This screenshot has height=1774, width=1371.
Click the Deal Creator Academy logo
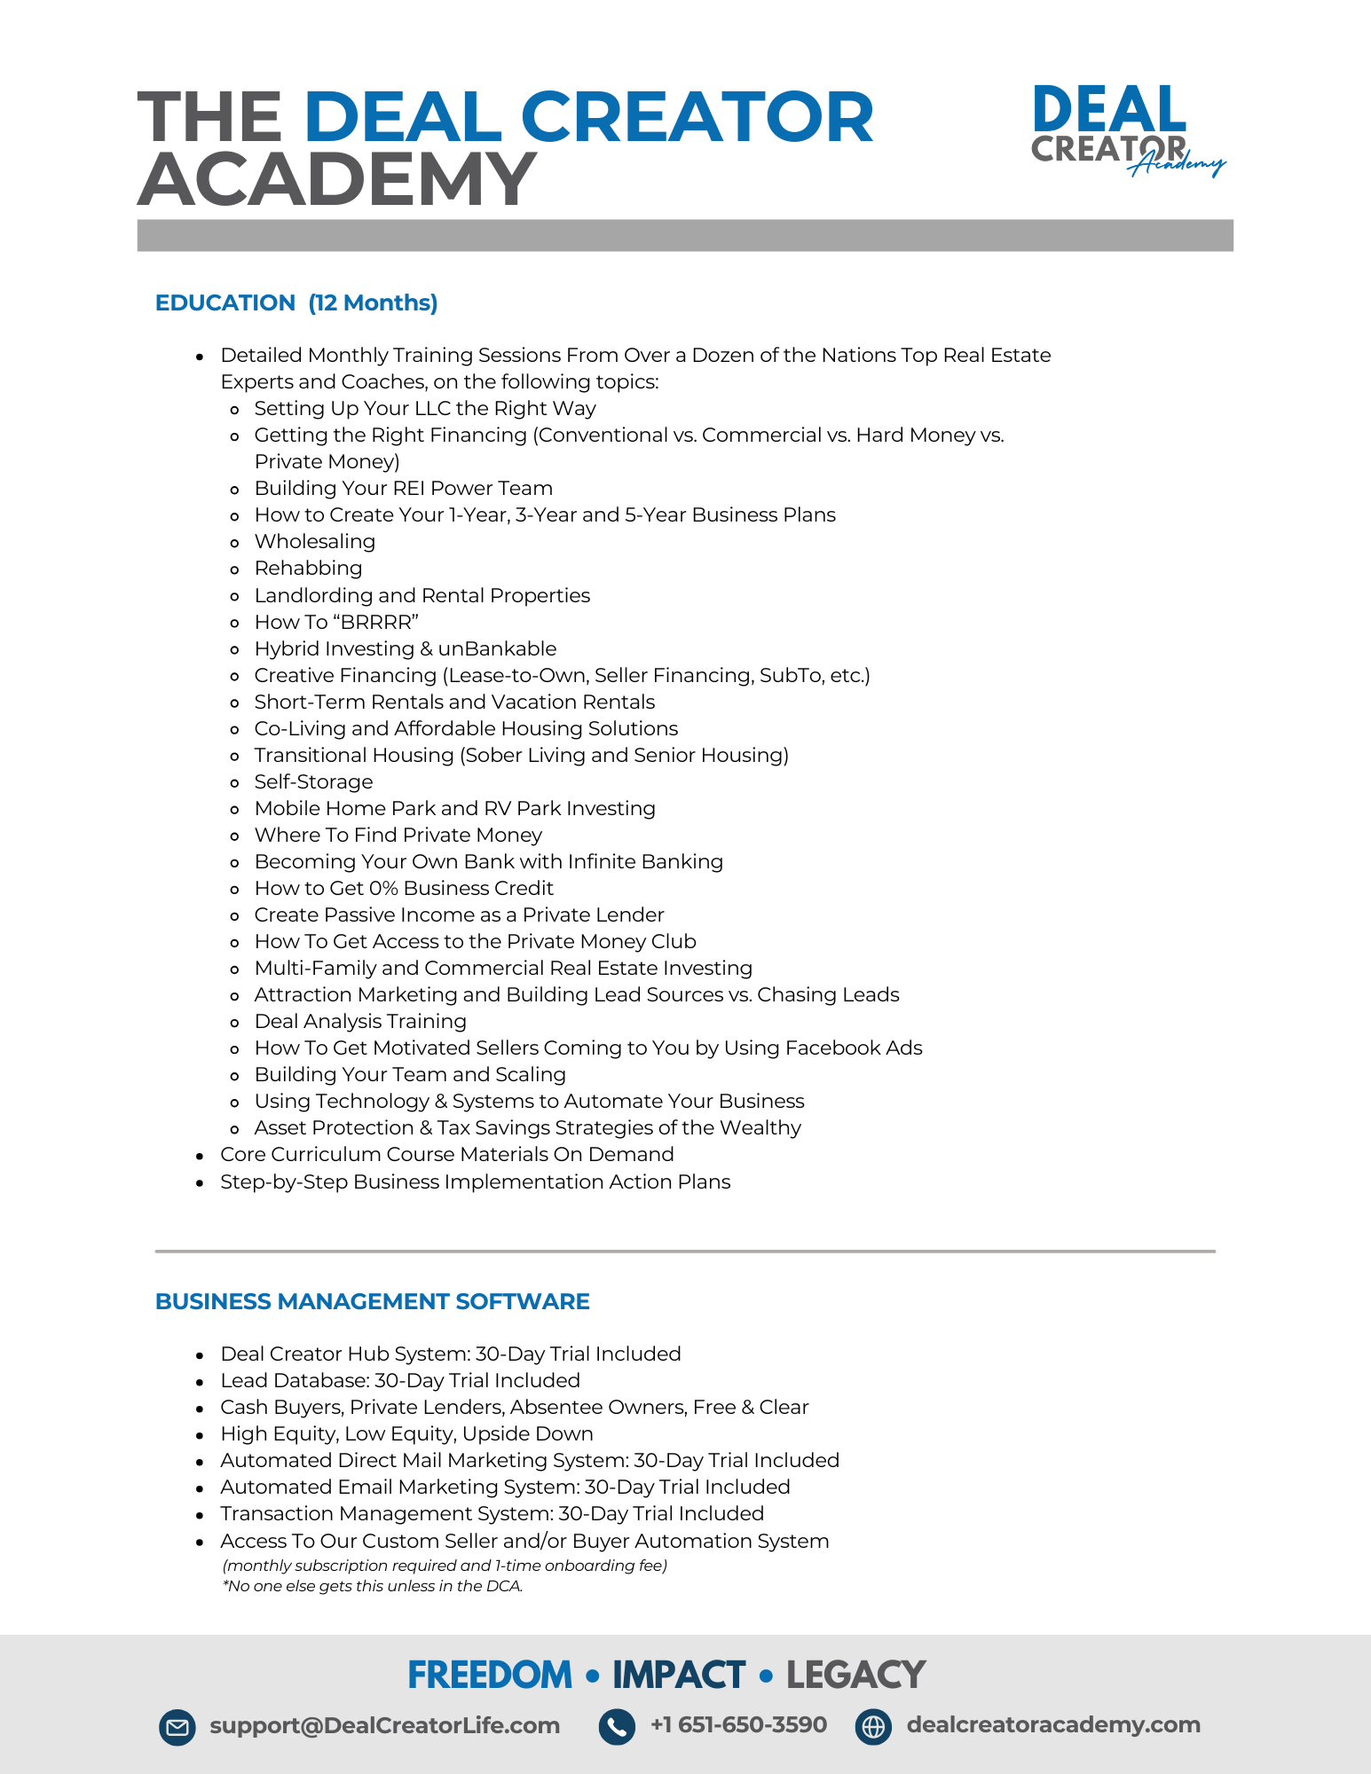coord(1125,130)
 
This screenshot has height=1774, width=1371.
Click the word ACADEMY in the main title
coord(337,179)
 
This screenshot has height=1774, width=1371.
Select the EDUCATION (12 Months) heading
coord(296,302)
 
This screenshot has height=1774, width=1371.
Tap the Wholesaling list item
coord(314,541)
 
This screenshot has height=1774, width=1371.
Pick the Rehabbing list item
coord(308,568)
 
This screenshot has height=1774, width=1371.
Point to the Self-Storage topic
coord(313,781)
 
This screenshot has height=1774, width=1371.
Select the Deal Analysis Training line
coord(360,1021)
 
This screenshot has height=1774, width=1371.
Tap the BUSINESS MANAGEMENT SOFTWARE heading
coord(372,1301)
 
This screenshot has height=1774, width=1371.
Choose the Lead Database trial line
coord(400,1380)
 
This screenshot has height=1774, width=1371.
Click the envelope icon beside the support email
coord(177,1727)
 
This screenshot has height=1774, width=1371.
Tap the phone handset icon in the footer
coord(617,1727)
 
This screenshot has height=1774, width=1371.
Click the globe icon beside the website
coord(873,1727)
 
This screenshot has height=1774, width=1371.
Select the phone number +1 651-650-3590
coord(738,1725)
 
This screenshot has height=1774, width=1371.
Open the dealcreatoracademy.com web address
coord(1053,1725)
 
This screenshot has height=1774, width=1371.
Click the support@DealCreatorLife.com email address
coord(384,1725)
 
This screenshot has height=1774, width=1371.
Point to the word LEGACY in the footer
coord(855,1675)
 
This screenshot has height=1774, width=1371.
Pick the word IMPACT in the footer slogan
coord(678,1675)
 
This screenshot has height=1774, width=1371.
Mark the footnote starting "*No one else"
coord(373,1586)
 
